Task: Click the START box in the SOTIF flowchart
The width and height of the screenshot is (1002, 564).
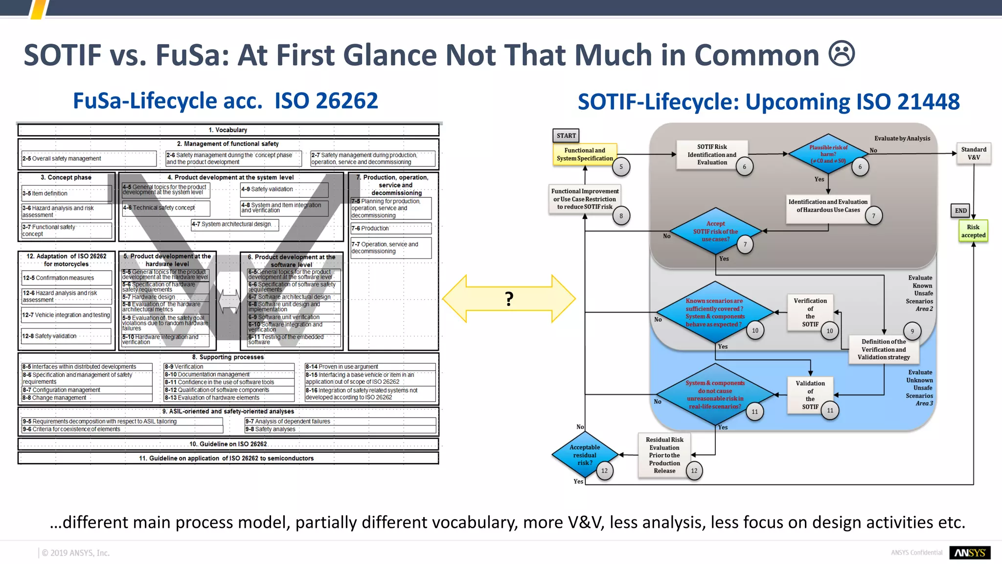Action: pos(566,136)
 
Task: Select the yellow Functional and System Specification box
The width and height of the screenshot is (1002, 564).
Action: pos(585,154)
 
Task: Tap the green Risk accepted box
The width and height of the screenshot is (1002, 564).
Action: pos(973,231)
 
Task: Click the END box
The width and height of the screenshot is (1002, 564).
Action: pos(961,211)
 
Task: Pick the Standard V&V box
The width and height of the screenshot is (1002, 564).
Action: pos(974,153)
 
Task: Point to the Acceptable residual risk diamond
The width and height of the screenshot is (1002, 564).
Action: pos(585,455)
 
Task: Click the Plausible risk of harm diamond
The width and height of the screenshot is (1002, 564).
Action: pos(828,154)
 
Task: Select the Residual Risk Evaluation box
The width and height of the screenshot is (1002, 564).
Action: pos(664,455)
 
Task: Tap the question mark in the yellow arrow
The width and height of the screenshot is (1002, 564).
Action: pos(509,298)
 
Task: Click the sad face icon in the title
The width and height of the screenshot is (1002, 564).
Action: pos(842,54)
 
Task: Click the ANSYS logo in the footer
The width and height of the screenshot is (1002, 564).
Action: pos(970,553)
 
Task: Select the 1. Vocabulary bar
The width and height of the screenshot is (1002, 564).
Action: pos(228,130)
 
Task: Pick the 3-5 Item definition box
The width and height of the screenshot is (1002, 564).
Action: pos(67,193)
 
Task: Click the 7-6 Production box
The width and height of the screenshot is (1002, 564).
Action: pos(391,228)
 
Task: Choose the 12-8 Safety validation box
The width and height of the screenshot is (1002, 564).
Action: pos(67,336)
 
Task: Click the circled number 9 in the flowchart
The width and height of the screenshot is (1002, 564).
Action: pos(912,331)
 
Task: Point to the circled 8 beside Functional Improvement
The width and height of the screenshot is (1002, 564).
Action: pos(621,215)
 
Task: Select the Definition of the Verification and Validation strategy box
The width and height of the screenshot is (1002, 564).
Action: pos(884,349)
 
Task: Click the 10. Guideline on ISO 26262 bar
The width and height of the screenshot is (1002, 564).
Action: pos(228,444)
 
